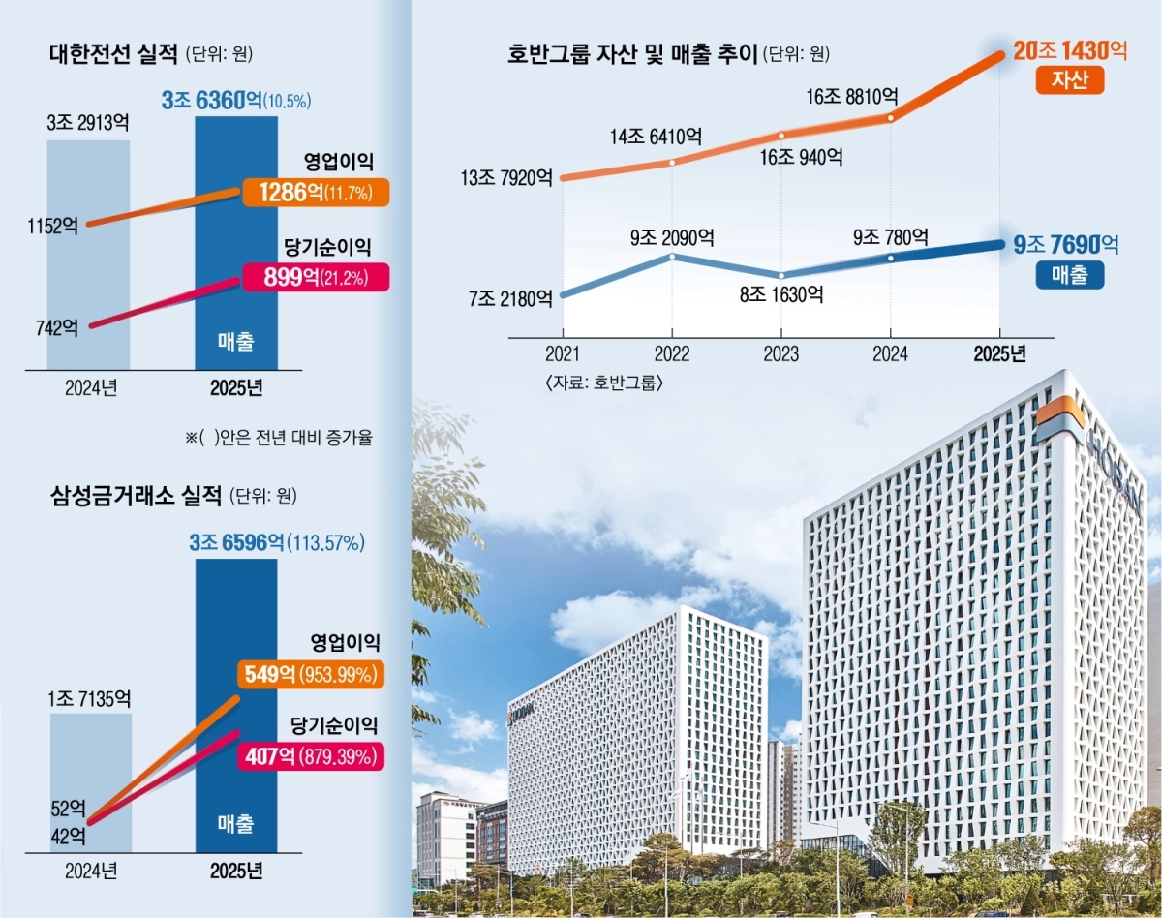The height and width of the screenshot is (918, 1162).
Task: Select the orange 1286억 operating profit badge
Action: click(315, 193)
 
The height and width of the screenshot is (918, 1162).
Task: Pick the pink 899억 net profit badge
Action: click(315, 278)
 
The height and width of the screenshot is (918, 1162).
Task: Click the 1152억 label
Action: click(54, 226)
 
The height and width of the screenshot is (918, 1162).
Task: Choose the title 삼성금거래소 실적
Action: click(136, 497)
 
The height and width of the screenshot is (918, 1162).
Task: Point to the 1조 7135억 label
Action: click(88, 698)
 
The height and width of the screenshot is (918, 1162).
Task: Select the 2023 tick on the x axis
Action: click(781, 354)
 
